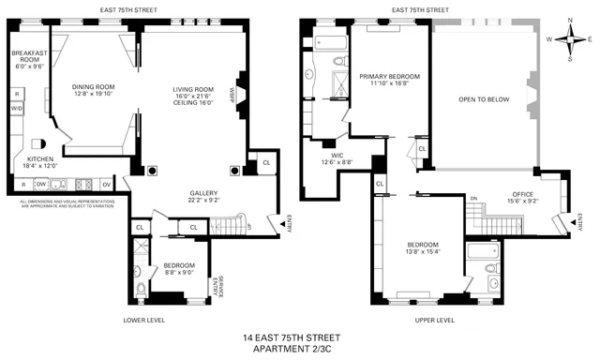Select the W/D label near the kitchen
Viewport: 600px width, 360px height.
[x=16, y=109]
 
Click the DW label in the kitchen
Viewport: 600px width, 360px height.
[x=41, y=183]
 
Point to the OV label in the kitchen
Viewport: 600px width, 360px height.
[x=106, y=183]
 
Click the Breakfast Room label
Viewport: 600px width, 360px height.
[x=23, y=60]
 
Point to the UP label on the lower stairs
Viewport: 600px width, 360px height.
[x=248, y=226]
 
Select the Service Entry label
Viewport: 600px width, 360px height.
[x=217, y=284]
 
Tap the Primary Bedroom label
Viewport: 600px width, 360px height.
[x=389, y=75]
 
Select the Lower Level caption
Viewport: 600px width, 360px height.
[x=144, y=320]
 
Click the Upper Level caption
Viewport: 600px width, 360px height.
[x=433, y=320]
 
